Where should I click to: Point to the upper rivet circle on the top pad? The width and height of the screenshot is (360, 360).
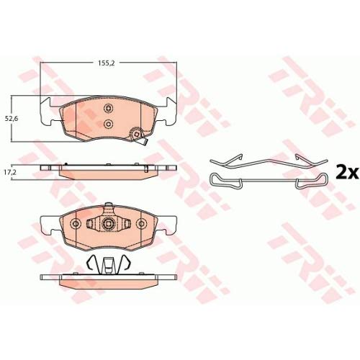pos(108,109)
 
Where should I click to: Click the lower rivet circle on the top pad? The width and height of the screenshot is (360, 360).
pos(108,125)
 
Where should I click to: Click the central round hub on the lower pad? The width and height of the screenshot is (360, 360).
pos(108,225)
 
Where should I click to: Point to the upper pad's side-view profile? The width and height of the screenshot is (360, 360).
pos(108,167)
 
